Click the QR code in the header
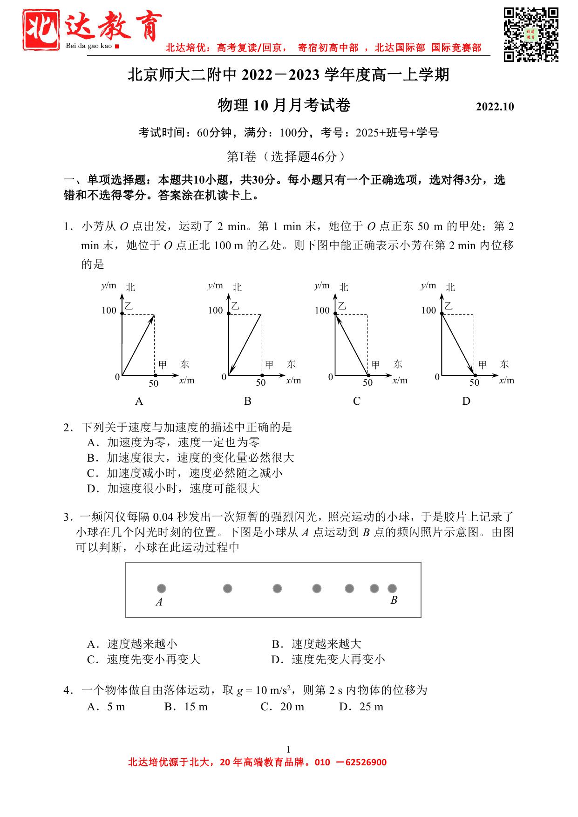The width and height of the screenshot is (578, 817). (531, 34)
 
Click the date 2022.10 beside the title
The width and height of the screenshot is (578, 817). (495, 107)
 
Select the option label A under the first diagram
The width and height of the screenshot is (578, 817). (138, 401)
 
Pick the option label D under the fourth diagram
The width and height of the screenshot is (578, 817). (466, 401)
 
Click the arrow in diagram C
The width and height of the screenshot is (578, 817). (352, 345)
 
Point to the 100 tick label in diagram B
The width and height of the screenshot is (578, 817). (216, 310)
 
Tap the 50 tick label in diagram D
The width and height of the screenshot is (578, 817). (474, 383)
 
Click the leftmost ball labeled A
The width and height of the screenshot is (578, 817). (162, 589)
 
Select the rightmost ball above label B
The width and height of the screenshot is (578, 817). (392, 589)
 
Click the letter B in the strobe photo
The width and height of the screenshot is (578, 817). (394, 600)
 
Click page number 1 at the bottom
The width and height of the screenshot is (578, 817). (288, 749)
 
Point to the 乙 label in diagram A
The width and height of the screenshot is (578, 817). (129, 306)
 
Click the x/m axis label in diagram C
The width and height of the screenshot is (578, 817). (400, 381)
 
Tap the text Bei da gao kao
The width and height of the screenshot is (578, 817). (89, 46)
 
